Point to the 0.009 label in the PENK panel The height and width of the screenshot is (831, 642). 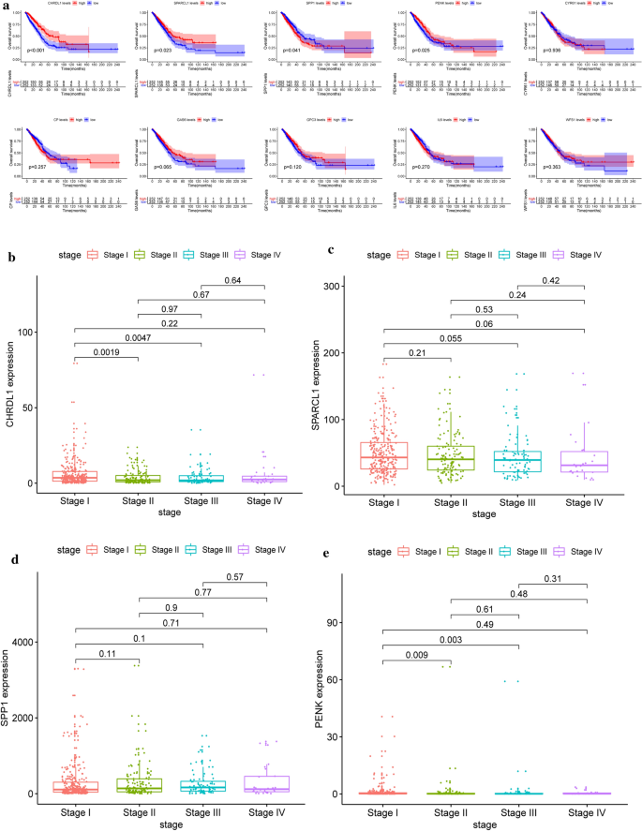tap(417, 656)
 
